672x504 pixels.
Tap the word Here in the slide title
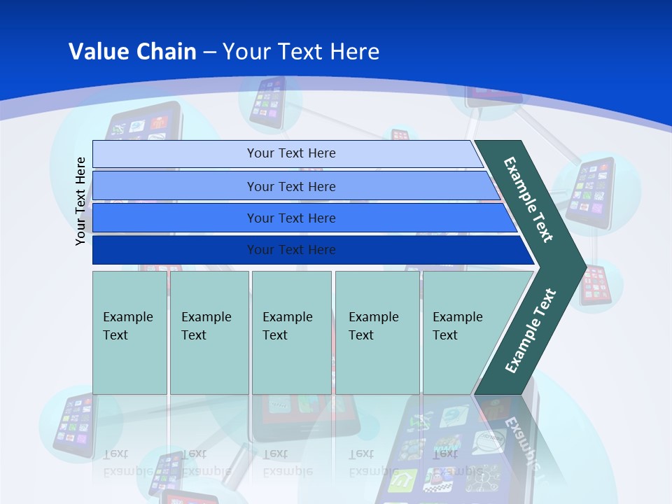pos(354,52)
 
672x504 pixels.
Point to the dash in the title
pos(209,52)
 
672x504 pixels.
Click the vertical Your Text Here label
pos(80,202)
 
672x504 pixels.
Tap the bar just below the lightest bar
pos(290,186)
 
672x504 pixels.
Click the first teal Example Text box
pos(129,332)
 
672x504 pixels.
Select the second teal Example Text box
pos(209,332)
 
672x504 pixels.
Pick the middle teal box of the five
pos(291,332)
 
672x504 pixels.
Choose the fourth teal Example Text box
pos(377,332)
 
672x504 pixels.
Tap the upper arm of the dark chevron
pos(529,199)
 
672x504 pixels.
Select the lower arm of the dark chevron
pos(529,332)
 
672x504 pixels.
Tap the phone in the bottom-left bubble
pos(73,424)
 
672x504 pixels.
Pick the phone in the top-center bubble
pos(268,102)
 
